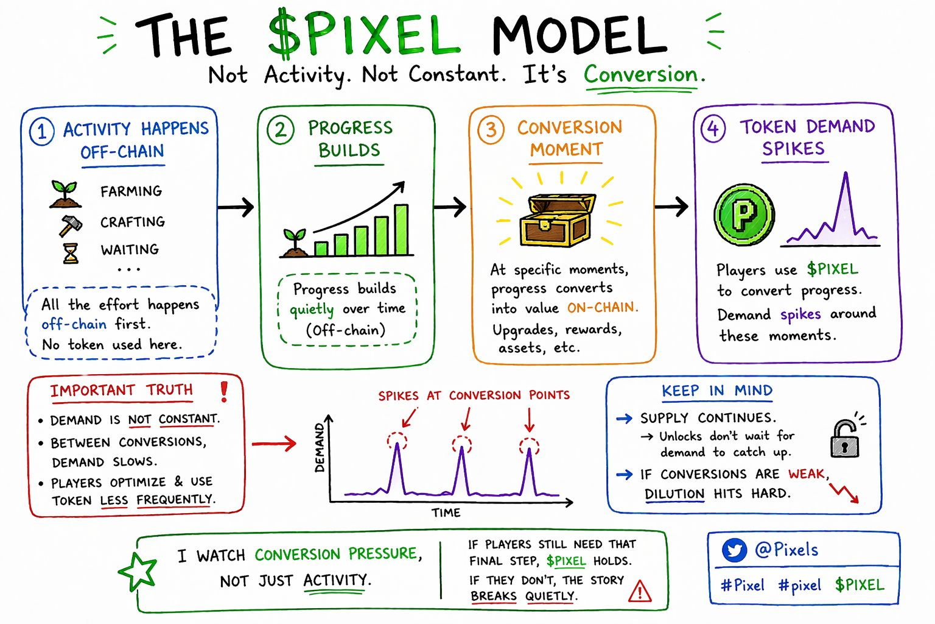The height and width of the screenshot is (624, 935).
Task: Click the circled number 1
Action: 41,131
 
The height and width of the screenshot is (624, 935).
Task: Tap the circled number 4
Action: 713,129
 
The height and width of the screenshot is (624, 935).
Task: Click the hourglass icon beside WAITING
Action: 71,253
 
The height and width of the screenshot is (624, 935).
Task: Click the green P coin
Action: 744,214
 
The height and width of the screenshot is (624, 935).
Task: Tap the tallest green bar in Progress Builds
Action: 401,229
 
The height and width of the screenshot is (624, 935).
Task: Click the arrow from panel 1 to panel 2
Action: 236,207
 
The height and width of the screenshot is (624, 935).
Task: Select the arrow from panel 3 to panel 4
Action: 671,207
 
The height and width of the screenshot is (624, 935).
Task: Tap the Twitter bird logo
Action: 734,551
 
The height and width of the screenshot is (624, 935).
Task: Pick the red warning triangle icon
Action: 640,590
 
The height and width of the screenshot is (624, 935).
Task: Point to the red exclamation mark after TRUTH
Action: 224,391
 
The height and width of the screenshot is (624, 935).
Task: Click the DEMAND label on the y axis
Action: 320,448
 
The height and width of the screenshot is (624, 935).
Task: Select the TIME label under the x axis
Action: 446,513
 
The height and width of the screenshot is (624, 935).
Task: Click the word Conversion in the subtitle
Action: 641,75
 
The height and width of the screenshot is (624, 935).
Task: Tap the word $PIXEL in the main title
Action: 363,35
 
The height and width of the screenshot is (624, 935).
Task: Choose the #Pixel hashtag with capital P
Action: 742,586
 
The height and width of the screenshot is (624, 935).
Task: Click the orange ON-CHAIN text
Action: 602,308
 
